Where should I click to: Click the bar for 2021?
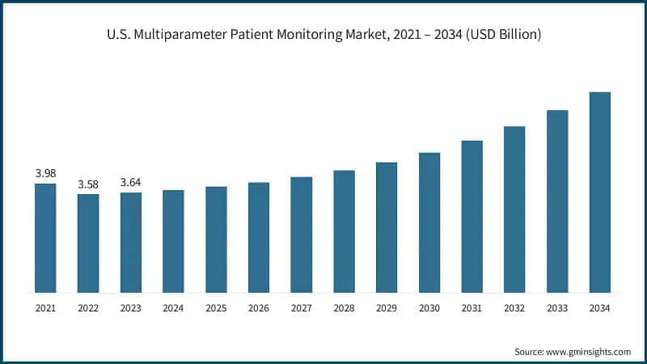(x=45, y=238)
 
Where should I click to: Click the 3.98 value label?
(x=45, y=173)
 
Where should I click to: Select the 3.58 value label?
(x=88, y=184)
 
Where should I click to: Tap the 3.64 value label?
(x=130, y=182)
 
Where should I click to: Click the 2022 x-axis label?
(x=88, y=308)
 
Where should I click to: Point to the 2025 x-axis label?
(x=216, y=308)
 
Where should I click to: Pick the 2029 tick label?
(x=387, y=308)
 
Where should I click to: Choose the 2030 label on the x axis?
(x=429, y=308)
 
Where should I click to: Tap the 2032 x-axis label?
(x=514, y=308)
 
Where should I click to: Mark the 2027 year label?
(x=301, y=308)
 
